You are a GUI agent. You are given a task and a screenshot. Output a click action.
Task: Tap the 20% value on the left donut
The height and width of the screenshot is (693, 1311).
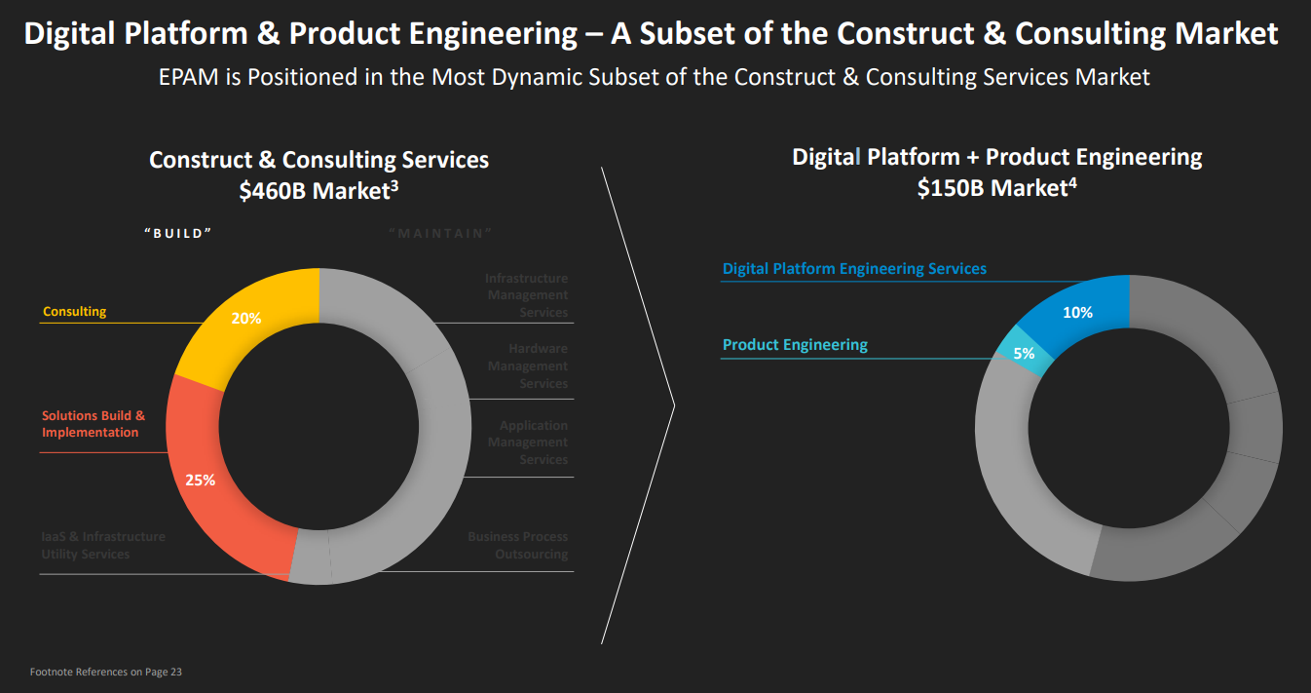pos(245,318)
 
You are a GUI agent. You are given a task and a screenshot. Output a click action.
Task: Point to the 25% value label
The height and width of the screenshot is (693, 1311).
pos(200,480)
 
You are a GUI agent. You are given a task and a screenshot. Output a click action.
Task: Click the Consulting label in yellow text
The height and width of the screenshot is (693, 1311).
pos(74,312)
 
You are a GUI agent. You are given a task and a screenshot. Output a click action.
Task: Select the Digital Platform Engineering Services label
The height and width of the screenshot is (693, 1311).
pos(854,269)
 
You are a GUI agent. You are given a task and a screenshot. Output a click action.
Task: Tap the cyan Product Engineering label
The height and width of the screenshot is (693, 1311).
pos(795,345)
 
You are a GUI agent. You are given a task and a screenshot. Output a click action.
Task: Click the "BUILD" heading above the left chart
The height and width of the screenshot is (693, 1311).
pos(177,233)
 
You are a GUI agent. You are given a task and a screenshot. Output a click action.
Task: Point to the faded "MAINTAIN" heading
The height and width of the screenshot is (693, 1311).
pos(440,233)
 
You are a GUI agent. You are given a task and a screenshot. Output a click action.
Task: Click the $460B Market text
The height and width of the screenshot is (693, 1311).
pos(318,191)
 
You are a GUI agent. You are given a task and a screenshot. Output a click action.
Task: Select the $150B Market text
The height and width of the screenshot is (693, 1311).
pos(996,188)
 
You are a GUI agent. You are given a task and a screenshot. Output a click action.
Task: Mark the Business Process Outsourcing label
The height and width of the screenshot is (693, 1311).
pos(517,546)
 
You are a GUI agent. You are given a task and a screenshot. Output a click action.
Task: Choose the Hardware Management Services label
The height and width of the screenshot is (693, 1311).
pos(528,366)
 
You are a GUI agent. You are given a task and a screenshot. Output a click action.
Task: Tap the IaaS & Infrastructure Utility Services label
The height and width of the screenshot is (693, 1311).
pos(103,546)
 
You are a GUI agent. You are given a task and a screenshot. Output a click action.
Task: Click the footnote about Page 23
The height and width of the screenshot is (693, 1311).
pos(105,672)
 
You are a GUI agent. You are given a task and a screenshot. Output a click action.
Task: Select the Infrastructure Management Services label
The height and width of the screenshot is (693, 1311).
pos(526,295)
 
